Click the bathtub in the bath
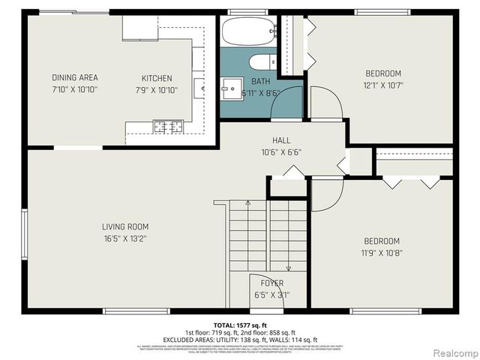pyautogui.click(x=248, y=32)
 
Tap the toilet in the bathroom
pyautogui.click(x=262, y=61)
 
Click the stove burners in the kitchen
pyautogui.click(x=169, y=126)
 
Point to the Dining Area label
pyautogui.click(x=75, y=78)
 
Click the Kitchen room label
pyautogui.click(x=157, y=78)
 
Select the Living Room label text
pyautogui.click(x=125, y=226)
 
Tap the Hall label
pyautogui.click(x=281, y=140)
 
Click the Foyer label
pyautogui.click(x=271, y=283)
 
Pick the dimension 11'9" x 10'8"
pyautogui.click(x=382, y=253)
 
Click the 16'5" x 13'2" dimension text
pyautogui.click(x=125, y=239)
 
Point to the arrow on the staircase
pyautogui.click(x=288, y=265)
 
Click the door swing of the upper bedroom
pyautogui.click(x=325, y=103)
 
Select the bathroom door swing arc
pyautogui.click(x=286, y=103)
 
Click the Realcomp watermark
pyautogui.click(x=452, y=352)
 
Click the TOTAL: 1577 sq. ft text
pyautogui.click(x=240, y=325)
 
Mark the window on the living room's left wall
pyautogui.click(x=25, y=232)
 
